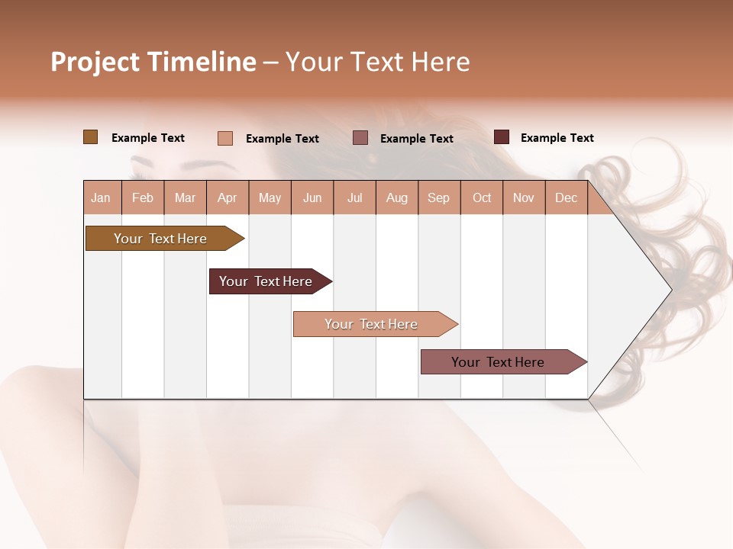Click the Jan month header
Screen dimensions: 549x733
pos(102,197)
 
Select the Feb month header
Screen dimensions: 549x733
pos(143,197)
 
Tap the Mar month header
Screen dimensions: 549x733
pos(185,197)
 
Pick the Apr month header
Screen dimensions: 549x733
pos(228,197)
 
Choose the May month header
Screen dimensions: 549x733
pos(270,197)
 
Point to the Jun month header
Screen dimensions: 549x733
pos(312,197)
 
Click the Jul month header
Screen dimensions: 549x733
pos(354,197)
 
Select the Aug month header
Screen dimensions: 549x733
pos(397,197)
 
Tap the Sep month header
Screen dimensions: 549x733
pos(439,197)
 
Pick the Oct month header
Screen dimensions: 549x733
pos(482,197)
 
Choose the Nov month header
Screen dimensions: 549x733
pos(524,197)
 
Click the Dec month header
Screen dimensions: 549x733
pos(566,197)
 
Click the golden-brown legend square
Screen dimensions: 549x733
pos(90,137)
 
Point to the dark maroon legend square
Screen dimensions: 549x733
pos(502,137)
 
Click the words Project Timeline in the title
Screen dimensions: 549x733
pos(153,62)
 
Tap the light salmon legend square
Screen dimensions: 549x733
pos(225,138)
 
